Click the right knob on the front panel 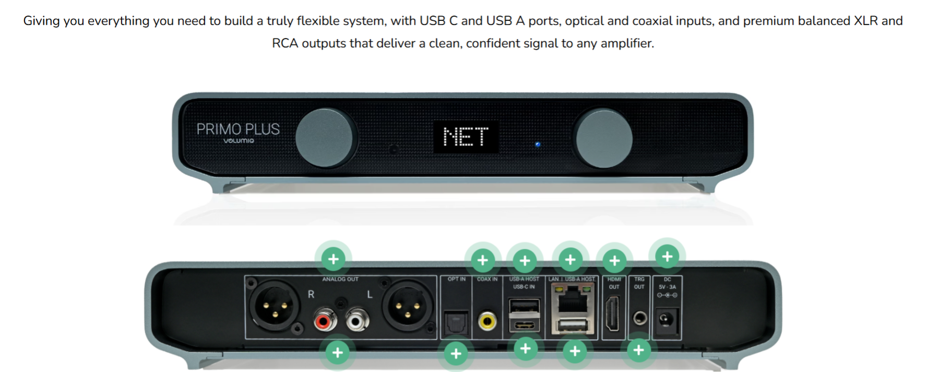pyautogui.click(x=603, y=138)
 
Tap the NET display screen pyautogui.click(x=466, y=137)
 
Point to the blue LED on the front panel pyautogui.click(x=538, y=145)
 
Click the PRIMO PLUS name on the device pyautogui.click(x=238, y=129)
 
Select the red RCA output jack pyautogui.click(x=324, y=320)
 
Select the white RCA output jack pyautogui.click(x=357, y=320)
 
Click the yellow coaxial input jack pyautogui.click(x=488, y=320)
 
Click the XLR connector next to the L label pyautogui.click(x=407, y=307)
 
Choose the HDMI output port pyautogui.click(x=613, y=313)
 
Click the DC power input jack pyautogui.click(x=666, y=318)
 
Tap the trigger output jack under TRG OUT pyautogui.click(x=639, y=318)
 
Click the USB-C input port pyautogui.click(x=524, y=326)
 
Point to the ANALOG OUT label pyautogui.click(x=340, y=280)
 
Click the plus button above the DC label pyautogui.click(x=667, y=257)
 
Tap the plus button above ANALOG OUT pyautogui.click(x=333, y=259)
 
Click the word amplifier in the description pyautogui.click(x=626, y=43)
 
